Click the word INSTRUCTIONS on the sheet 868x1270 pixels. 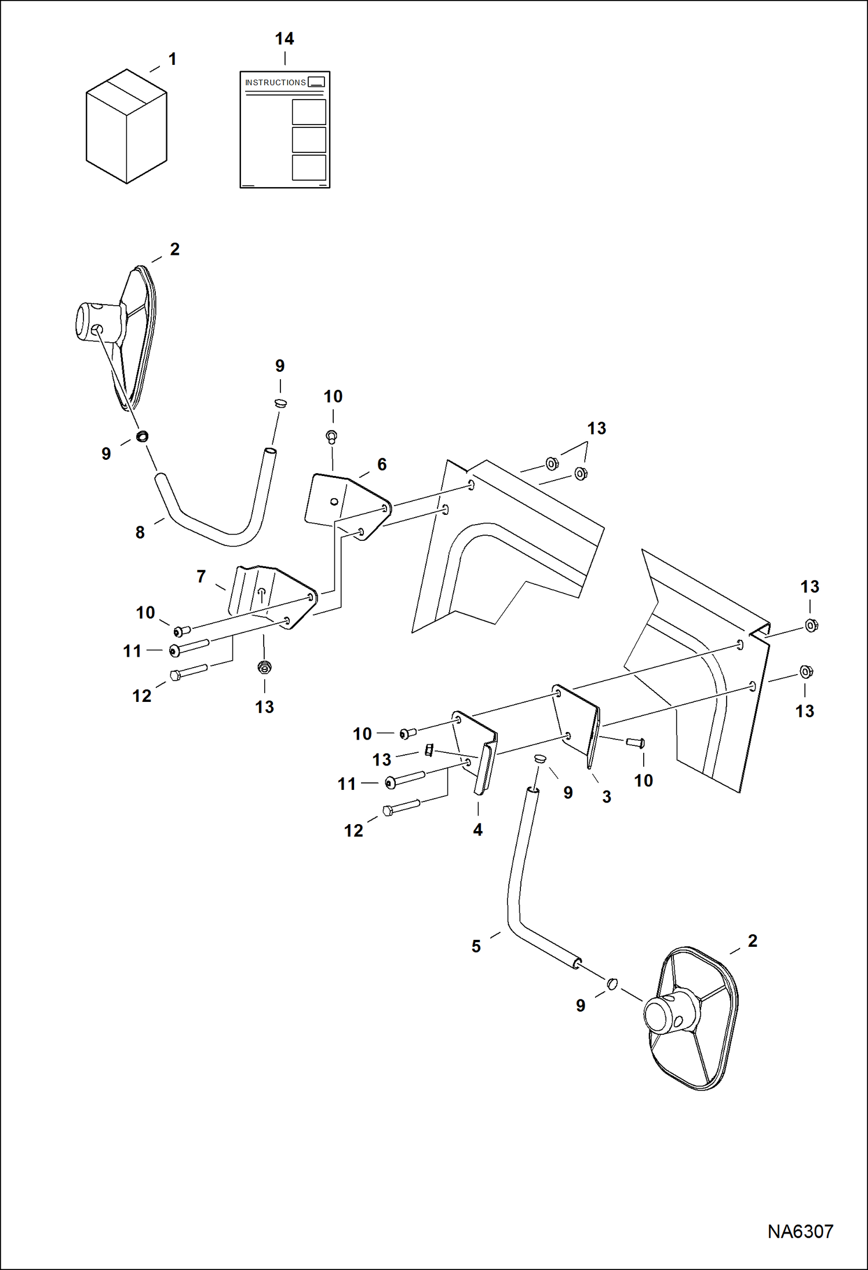click(x=275, y=83)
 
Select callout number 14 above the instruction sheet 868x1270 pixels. click(x=284, y=39)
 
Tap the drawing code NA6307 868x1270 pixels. click(x=800, y=1231)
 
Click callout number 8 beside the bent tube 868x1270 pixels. click(x=140, y=532)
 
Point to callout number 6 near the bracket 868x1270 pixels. click(x=382, y=464)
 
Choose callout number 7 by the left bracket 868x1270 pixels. click(x=201, y=576)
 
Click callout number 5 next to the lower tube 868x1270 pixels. click(x=476, y=946)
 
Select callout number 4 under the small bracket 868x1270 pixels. click(x=477, y=829)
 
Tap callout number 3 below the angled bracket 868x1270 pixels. click(x=607, y=796)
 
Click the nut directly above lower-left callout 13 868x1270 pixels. click(x=265, y=667)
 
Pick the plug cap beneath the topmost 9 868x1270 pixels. click(x=280, y=402)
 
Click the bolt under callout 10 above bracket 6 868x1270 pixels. click(x=332, y=436)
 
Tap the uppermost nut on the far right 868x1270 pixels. click(x=811, y=625)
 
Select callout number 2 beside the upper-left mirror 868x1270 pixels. click(x=174, y=249)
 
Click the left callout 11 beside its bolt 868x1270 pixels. click(x=132, y=651)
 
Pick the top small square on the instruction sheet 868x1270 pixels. click(x=309, y=112)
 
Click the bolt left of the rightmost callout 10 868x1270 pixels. click(x=636, y=742)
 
